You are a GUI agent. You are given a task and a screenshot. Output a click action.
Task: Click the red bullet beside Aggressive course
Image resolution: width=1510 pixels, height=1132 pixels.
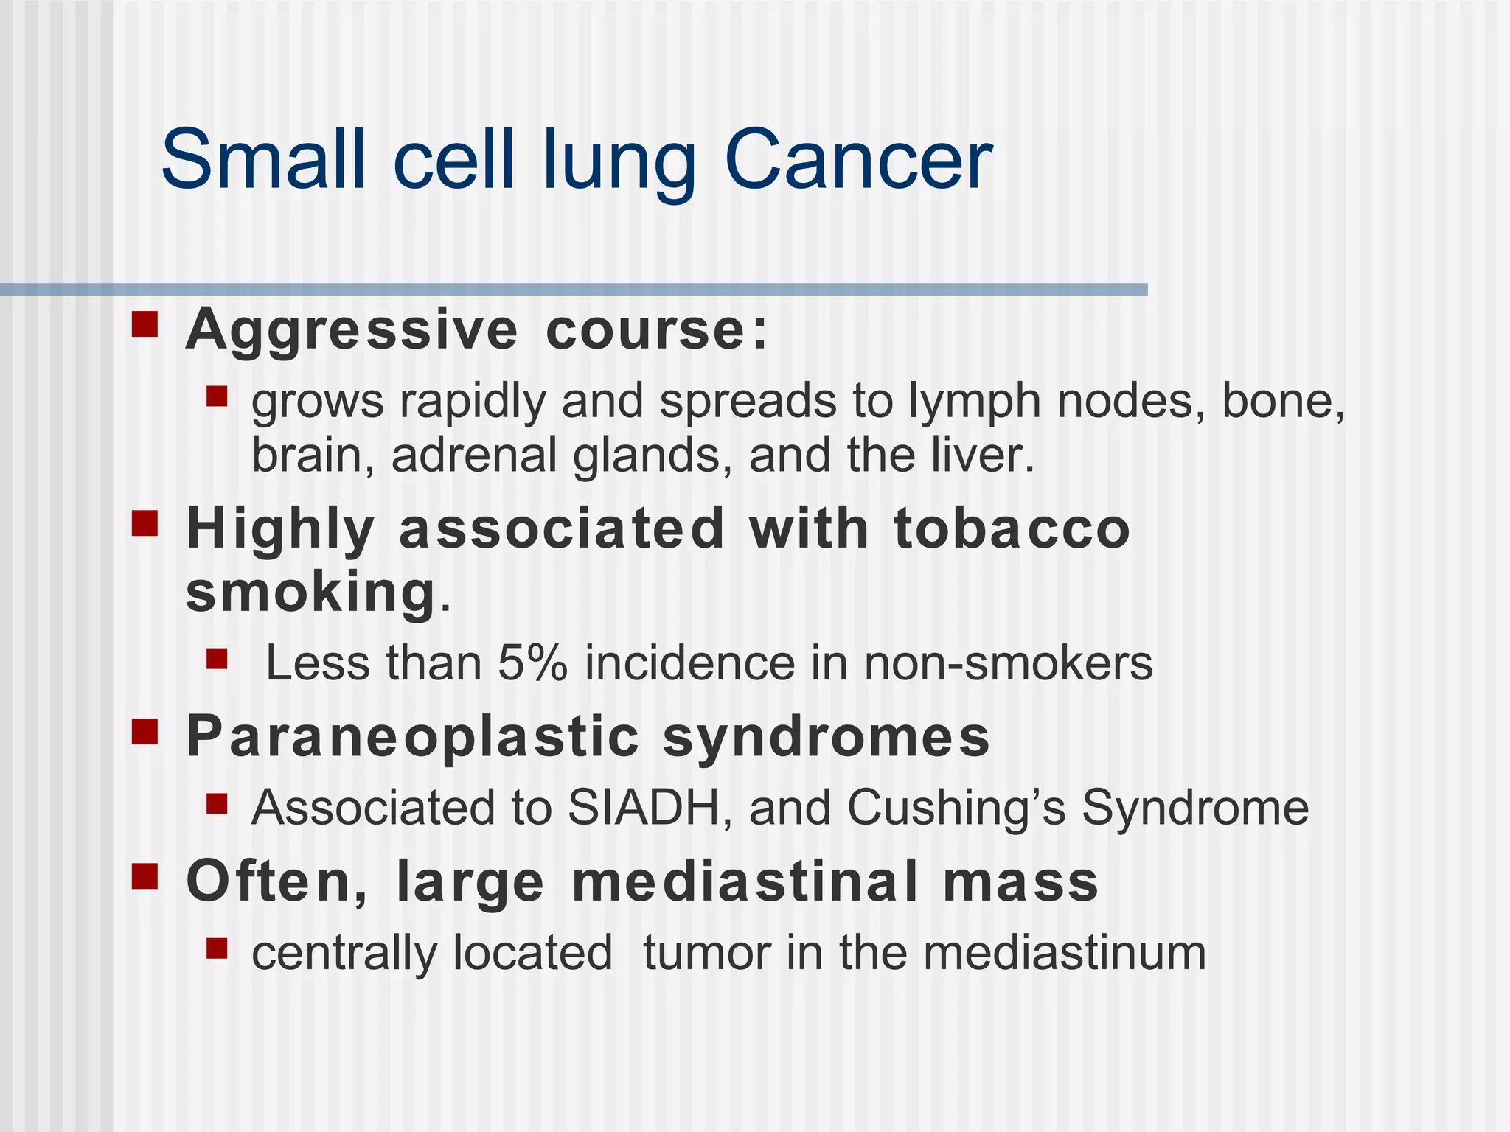145,324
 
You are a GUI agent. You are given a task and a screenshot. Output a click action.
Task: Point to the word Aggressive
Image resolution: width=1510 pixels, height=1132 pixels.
352,331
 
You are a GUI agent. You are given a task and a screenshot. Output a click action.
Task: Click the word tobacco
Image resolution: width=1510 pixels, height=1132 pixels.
1012,529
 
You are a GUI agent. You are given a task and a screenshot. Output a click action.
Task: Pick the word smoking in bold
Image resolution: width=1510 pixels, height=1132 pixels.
310,592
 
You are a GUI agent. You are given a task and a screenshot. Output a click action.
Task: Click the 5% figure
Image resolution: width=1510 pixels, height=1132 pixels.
532,663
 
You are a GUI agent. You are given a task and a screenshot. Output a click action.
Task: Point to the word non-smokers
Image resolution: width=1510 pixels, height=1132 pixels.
1008,663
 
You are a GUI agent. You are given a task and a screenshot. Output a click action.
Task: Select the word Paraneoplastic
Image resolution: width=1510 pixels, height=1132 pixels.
413,737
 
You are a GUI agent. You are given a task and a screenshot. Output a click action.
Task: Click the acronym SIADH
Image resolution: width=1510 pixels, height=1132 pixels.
650,807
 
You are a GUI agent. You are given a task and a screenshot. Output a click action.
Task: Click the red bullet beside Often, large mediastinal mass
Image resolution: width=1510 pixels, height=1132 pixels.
145,876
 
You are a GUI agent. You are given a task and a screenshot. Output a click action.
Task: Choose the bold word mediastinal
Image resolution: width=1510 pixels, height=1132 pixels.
745,881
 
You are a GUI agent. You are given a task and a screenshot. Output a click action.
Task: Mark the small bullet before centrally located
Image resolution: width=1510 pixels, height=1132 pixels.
217,948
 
